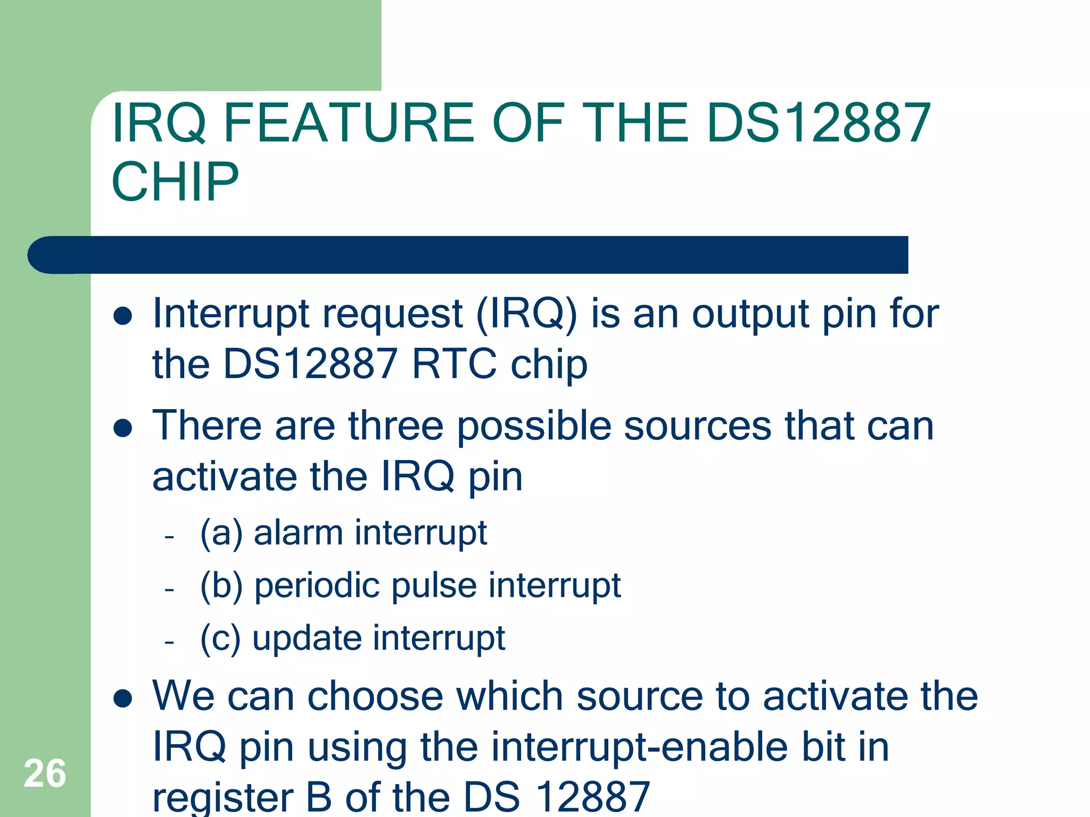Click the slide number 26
(45, 773)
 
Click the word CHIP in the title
(175, 182)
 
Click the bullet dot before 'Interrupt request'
(123, 316)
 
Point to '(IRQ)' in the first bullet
(526, 314)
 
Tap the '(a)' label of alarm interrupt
(221, 533)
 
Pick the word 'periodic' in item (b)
(317, 586)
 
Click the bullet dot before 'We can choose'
(123, 699)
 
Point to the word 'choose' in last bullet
(375, 696)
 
